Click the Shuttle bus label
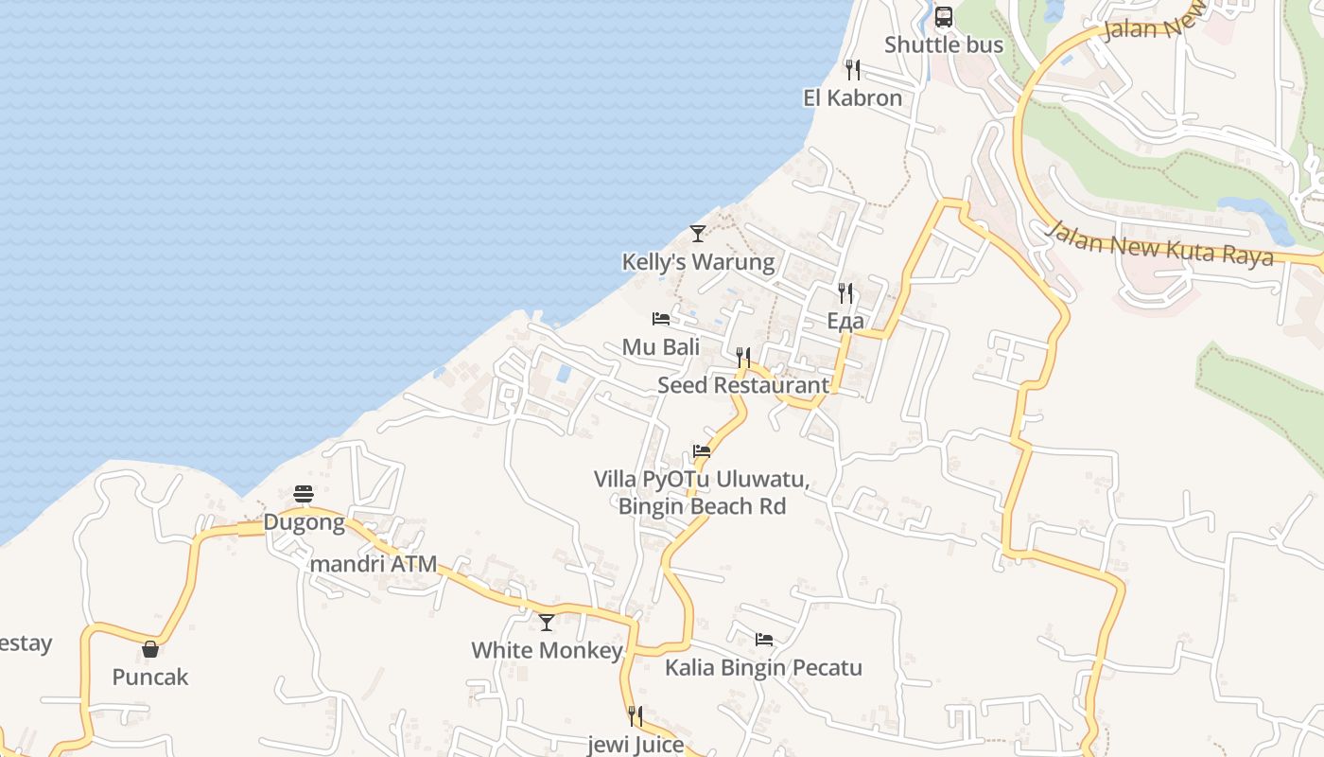(x=943, y=44)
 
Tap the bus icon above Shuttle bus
(x=944, y=17)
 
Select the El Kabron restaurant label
(x=852, y=97)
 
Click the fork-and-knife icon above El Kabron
(x=852, y=69)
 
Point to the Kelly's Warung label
(x=698, y=261)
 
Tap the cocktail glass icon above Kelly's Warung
(x=698, y=233)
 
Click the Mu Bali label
(x=661, y=346)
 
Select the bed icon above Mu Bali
(x=661, y=319)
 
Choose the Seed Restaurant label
(x=743, y=385)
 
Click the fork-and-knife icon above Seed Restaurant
(x=743, y=357)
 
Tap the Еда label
(x=845, y=321)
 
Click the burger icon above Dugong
(x=304, y=494)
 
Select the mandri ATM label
(x=374, y=564)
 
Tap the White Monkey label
(x=547, y=650)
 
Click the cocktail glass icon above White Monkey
(x=547, y=622)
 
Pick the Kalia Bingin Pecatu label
(x=763, y=667)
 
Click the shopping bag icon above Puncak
(x=150, y=649)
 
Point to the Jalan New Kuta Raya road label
(x=1161, y=244)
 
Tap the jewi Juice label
(x=636, y=745)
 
